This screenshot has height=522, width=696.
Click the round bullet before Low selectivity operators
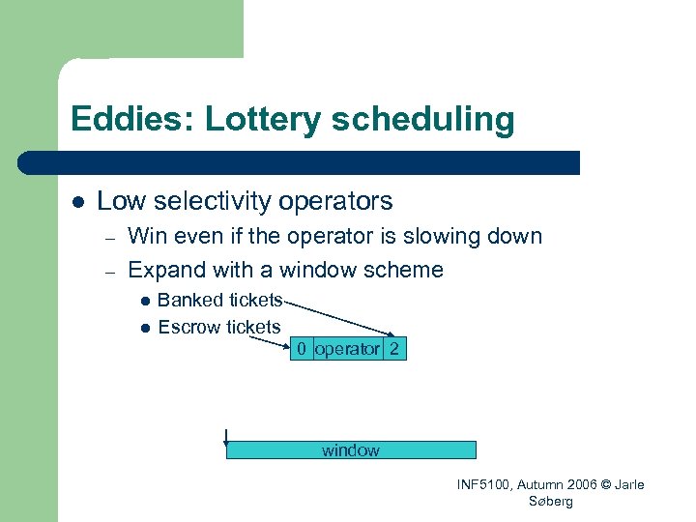76,202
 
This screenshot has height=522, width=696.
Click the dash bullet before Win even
110,238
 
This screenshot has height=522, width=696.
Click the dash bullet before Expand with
110,272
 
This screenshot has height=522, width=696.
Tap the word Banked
189,300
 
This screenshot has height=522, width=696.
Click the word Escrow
188,327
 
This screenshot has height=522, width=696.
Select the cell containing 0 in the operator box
303,349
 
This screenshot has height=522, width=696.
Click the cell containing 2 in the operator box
394,349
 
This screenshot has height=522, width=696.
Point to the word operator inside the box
348,349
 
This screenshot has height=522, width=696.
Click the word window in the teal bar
351,450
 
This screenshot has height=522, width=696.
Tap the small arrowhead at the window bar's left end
226,446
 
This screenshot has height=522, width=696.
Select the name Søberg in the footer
551,501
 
